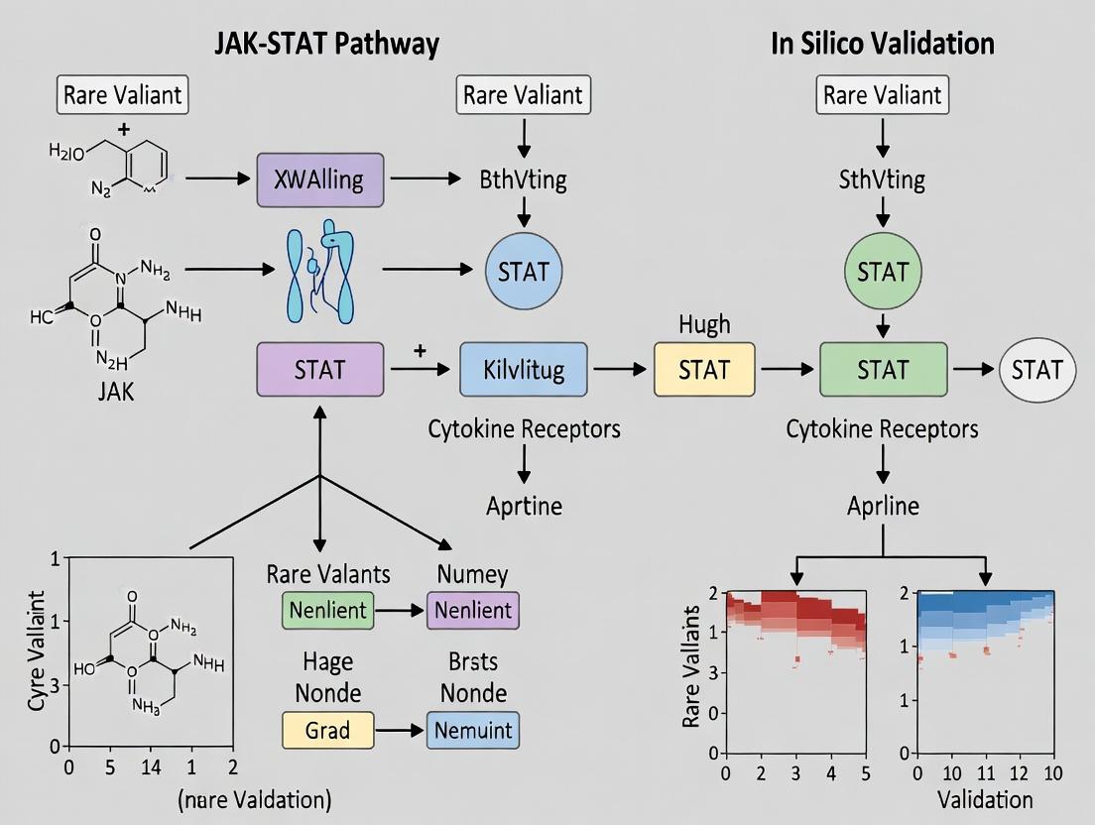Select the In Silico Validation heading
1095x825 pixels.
pyautogui.click(x=882, y=43)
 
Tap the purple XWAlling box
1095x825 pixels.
pyautogui.click(x=319, y=179)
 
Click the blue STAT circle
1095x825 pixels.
pyautogui.click(x=524, y=270)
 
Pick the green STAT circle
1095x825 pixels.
pyautogui.click(x=883, y=271)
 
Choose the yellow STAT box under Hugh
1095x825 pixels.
pyautogui.click(x=704, y=370)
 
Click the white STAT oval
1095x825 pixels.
pyautogui.click(x=1036, y=370)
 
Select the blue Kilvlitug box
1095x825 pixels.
pyautogui.click(x=524, y=370)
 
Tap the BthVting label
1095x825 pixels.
pyautogui.click(x=524, y=179)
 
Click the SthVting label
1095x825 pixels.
pyautogui.click(x=883, y=179)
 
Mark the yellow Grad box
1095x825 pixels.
pyautogui.click(x=327, y=731)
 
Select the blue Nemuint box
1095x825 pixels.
pyautogui.click(x=473, y=731)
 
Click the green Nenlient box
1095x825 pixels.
pyautogui.click(x=327, y=609)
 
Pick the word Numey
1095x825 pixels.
pyautogui.click(x=472, y=573)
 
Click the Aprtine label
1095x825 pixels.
pyautogui.click(x=524, y=506)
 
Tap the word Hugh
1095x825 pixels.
pyautogui.click(x=704, y=324)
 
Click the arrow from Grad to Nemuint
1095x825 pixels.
pyautogui.click(x=401, y=731)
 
